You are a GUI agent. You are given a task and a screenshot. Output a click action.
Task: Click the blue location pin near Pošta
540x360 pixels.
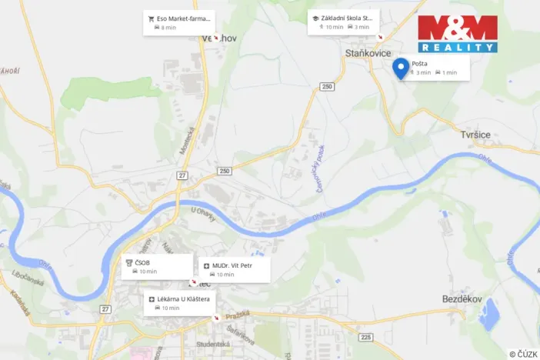coord(400,68)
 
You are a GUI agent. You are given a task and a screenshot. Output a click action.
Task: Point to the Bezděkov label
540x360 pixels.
coord(441,297)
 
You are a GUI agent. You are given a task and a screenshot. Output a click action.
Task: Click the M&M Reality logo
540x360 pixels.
coord(458,34)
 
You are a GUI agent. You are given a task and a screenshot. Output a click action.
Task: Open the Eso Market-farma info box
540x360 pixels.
coord(178,22)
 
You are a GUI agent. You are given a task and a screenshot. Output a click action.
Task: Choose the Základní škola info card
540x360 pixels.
coord(343,22)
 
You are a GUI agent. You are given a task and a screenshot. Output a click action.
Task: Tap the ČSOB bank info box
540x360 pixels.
coord(158,266)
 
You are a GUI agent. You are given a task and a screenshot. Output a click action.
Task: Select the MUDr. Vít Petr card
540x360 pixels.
coord(234,269)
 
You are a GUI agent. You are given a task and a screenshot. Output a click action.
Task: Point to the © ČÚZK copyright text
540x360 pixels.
coord(522,353)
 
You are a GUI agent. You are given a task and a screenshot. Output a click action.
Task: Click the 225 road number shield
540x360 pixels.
coord(365,337)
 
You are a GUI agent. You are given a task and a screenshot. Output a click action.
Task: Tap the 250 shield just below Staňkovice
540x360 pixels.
coord(328,87)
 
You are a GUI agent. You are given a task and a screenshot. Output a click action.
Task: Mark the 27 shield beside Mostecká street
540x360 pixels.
coord(182,175)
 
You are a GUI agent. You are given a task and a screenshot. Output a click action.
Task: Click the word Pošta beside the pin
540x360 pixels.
coord(420,64)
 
